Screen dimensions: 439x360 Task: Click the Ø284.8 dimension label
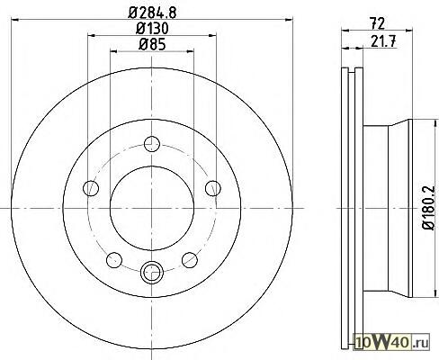[x=152, y=12]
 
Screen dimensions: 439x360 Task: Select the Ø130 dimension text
[x=152, y=29]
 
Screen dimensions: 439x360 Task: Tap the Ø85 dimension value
[x=152, y=45]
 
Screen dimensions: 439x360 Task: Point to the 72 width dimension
[x=377, y=23]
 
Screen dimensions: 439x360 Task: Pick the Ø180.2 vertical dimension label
[x=428, y=208]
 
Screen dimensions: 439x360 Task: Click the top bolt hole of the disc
[x=152, y=144]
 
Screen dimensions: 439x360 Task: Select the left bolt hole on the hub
[x=91, y=188]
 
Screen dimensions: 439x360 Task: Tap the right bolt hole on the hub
[x=213, y=188]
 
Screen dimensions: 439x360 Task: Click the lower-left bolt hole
[x=114, y=260]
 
